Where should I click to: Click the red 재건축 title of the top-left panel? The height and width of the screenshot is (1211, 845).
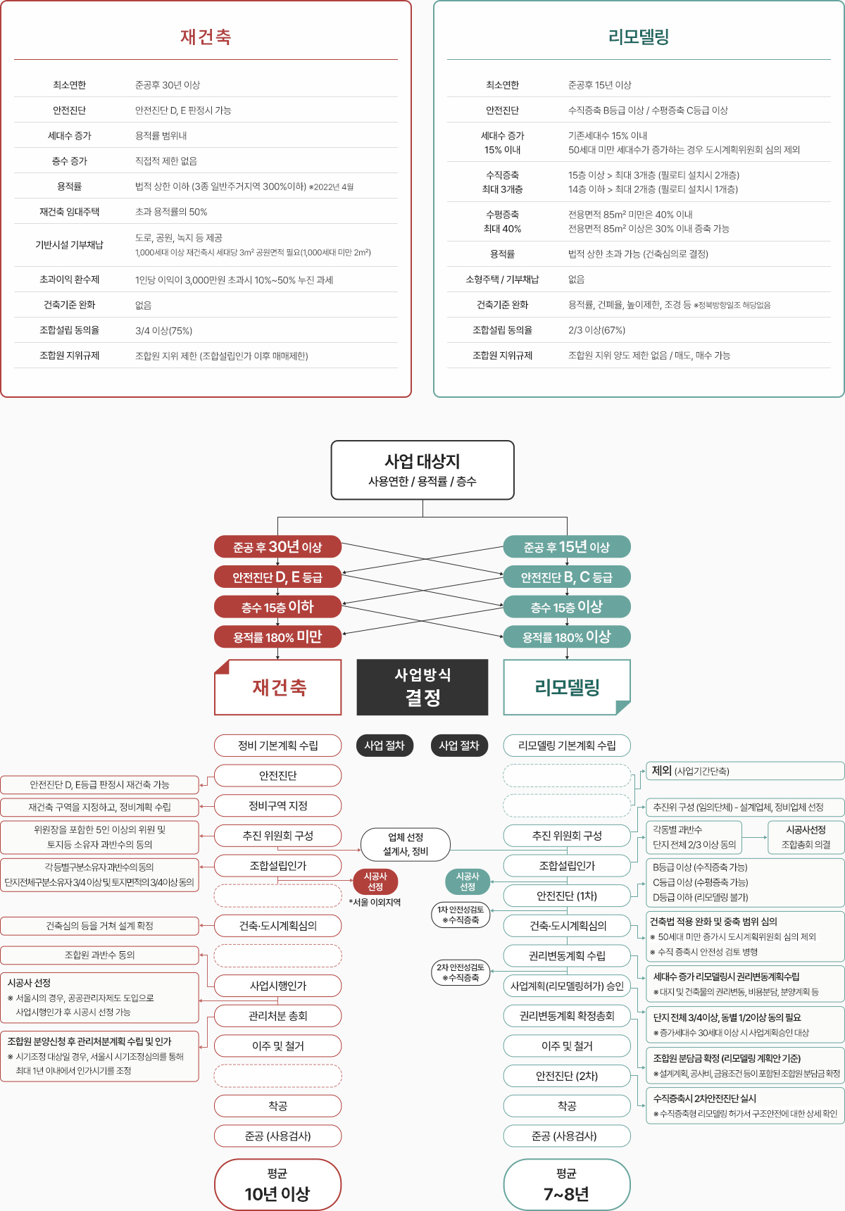coord(206,37)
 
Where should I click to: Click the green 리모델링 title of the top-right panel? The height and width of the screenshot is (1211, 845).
coord(639,37)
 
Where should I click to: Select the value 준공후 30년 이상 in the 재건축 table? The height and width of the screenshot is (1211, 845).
coord(168,85)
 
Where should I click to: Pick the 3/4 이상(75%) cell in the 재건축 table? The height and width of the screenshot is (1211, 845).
coord(163,330)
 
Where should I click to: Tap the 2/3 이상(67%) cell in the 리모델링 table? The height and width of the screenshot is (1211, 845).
coord(596,330)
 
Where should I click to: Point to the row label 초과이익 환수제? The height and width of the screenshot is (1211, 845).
coord(69,280)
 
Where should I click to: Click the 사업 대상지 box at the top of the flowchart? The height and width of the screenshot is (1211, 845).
coord(423,470)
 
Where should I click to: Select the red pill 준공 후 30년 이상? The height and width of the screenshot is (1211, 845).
coord(277,547)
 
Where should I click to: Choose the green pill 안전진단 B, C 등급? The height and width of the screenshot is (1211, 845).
coord(567,577)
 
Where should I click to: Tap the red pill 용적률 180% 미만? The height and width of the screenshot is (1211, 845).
coord(277,637)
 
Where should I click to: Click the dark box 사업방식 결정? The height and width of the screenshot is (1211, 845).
coord(423,686)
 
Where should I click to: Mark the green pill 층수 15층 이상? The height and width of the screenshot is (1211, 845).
coord(567,607)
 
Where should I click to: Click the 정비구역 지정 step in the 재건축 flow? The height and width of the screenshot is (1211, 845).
coord(277,805)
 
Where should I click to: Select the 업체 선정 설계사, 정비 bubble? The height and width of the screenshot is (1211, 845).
coord(406,844)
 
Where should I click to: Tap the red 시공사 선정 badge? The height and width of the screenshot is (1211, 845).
coord(375,881)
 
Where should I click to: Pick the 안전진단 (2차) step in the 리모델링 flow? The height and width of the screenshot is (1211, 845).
coord(567,1076)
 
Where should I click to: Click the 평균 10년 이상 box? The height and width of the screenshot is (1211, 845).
coord(277,1184)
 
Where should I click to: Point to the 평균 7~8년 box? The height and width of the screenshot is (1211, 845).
coord(567,1184)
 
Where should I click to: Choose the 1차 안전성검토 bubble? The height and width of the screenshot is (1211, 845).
coord(461,915)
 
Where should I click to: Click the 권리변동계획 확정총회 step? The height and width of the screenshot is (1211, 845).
coord(567,1016)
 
